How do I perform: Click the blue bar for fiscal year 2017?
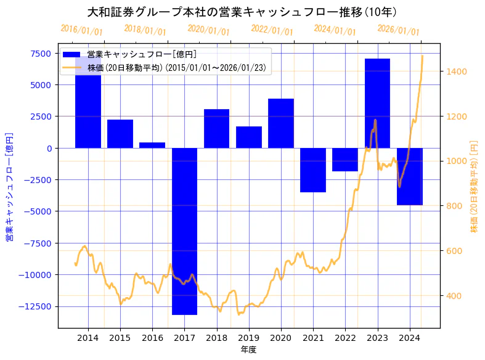pyautogui.click(x=184, y=231)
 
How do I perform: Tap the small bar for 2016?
pyautogui.click(x=152, y=145)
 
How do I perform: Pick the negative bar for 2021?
pyautogui.click(x=313, y=170)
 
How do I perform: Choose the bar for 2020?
pyautogui.click(x=281, y=123)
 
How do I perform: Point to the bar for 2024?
pyautogui.click(x=410, y=176)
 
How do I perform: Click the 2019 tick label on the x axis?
pyautogui.click(x=249, y=338)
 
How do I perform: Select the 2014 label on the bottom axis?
pyautogui.click(x=88, y=338)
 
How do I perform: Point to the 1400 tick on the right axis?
pyautogui.click(x=457, y=72)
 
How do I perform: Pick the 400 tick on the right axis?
pyautogui.click(x=455, y=295)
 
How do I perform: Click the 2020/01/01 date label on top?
pyautogui.click(x=209, y=30)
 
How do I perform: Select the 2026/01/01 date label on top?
pyautogui.click(x=399, y=30)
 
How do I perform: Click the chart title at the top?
pyautogui.click(x=242, y=12)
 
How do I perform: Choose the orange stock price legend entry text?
pyautogui.click(x=177, y=68)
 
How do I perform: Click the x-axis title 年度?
pyautogui.click(x=248, y=350)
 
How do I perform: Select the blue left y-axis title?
pyautogui.click(x=9, y=186)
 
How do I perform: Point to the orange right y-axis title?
pyautogui.click(x=474, y=186)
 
